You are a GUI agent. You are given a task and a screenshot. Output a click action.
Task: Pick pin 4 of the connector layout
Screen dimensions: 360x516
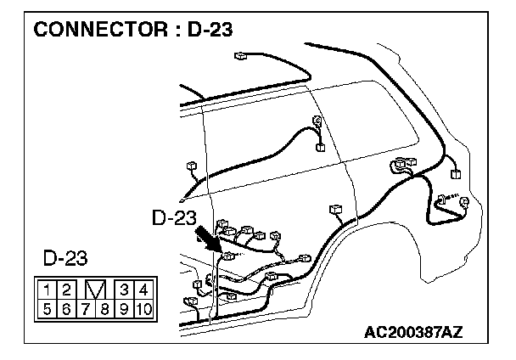coord(142,290)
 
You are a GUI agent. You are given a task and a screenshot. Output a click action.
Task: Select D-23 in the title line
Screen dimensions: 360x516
coord(207,31)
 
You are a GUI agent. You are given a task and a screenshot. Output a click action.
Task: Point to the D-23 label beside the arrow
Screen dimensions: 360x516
coord(174,218)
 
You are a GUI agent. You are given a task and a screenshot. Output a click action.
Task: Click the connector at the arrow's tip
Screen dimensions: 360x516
coord(227,255)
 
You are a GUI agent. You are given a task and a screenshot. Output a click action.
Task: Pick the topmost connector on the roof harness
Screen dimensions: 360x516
coord(240,56)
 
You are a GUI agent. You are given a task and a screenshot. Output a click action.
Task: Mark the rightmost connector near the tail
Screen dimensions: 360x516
coord(459,174)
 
